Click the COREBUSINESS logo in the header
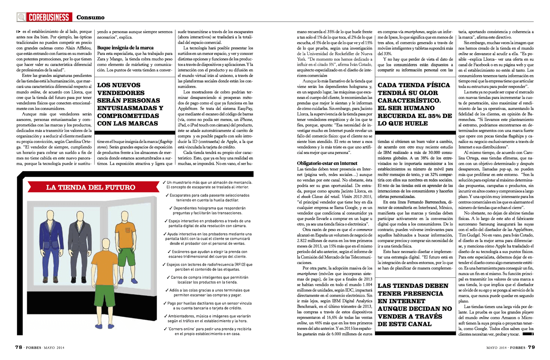pyautogui.click(x=48, y=17)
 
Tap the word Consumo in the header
pyautogui.click(x=90, y=17)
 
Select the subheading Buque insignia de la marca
pyautogui.click(x=125, y=48)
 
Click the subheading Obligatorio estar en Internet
pyautogui.click(x=327, y=163)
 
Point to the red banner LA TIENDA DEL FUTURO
pyautogui.click(x=91, y=187)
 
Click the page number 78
pyautogui.click(x=19, y=347)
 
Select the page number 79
pyautogui.click(x=531, y=347)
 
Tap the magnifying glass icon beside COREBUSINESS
pyautogui.click(x=22, y=17)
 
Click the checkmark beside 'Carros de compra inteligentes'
pyautogui.click(x=168, y=278)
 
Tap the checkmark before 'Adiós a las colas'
pyautogui.click(x=167, y=290)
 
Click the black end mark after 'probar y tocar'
pyautogui.click(x=528, y=334)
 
